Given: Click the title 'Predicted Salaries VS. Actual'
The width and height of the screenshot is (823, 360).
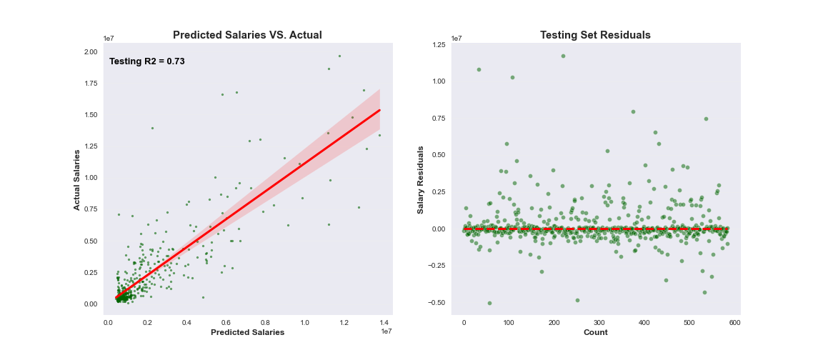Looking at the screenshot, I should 247,35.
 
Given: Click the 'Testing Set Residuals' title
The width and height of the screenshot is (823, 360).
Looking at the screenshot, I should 595,35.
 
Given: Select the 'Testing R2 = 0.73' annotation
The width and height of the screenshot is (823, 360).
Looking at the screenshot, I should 147,61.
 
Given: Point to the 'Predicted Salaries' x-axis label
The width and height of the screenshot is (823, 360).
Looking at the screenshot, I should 247,332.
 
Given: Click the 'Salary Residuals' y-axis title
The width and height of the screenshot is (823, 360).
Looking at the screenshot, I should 421,179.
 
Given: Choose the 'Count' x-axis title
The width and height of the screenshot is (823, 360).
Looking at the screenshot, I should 595,332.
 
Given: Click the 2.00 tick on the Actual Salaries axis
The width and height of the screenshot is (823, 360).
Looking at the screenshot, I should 90,52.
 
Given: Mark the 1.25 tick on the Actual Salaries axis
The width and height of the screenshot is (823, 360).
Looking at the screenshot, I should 90,146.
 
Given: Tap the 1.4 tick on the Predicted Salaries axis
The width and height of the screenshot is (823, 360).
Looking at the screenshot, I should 384,322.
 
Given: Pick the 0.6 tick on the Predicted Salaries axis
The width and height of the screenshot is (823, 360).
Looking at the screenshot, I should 226,322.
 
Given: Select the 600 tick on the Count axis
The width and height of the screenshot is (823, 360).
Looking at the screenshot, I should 734,322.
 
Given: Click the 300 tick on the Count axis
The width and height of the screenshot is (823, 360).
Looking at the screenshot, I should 599,322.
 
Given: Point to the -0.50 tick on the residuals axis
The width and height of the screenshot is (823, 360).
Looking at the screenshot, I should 436,302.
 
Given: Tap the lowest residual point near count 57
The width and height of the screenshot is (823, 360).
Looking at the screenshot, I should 489,303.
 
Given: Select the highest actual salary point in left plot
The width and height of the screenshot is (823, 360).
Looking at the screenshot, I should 339,56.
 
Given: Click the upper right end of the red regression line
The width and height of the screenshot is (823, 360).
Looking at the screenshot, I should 379,110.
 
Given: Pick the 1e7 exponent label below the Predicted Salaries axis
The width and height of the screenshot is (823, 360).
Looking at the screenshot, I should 386,331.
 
